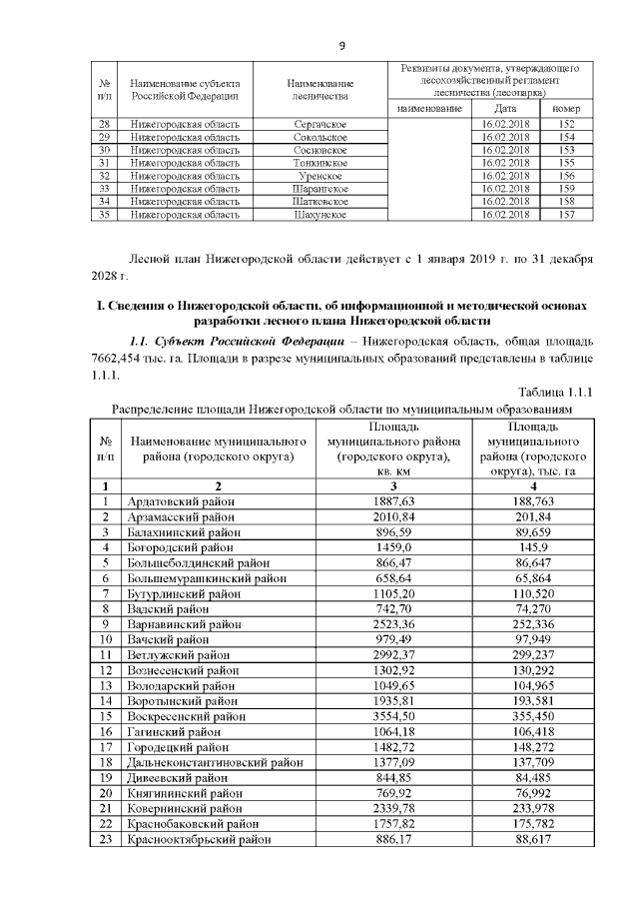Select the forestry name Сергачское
(319, 123)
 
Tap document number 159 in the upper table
(567, 188)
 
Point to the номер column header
(567, 108)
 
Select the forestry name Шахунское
(319, 214)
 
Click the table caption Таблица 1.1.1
(555, 392)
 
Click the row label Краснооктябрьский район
(199, 858)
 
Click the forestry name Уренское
(319, 175)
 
